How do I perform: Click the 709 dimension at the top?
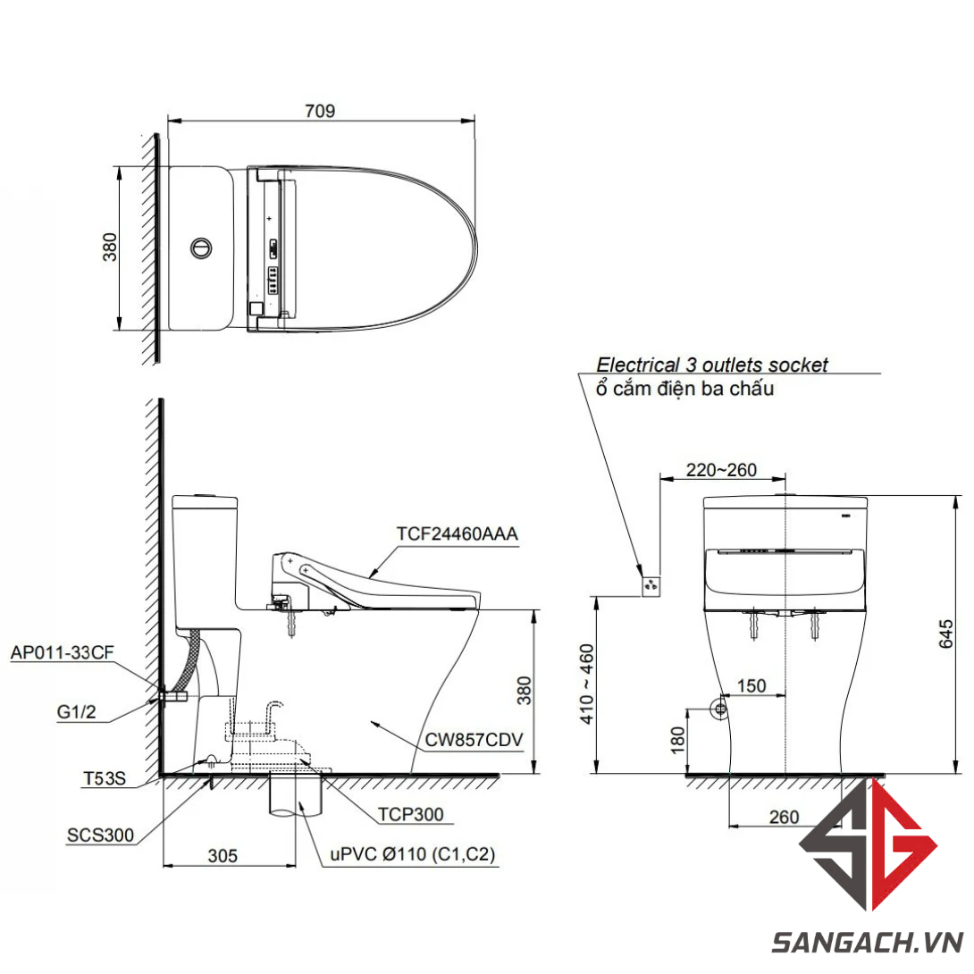click(320, 111)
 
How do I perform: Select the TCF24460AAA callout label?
click(458, 533)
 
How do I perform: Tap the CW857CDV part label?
click(474, 740)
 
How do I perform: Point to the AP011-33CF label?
click(63, 652)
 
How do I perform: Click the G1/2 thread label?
click(77, 711)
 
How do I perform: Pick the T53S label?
click(105, 778)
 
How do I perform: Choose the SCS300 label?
click(100, 835)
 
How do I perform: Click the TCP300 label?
click(410, 814)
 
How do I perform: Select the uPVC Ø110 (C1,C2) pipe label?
click(413, 854)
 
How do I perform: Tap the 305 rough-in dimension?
click(223, 856)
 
